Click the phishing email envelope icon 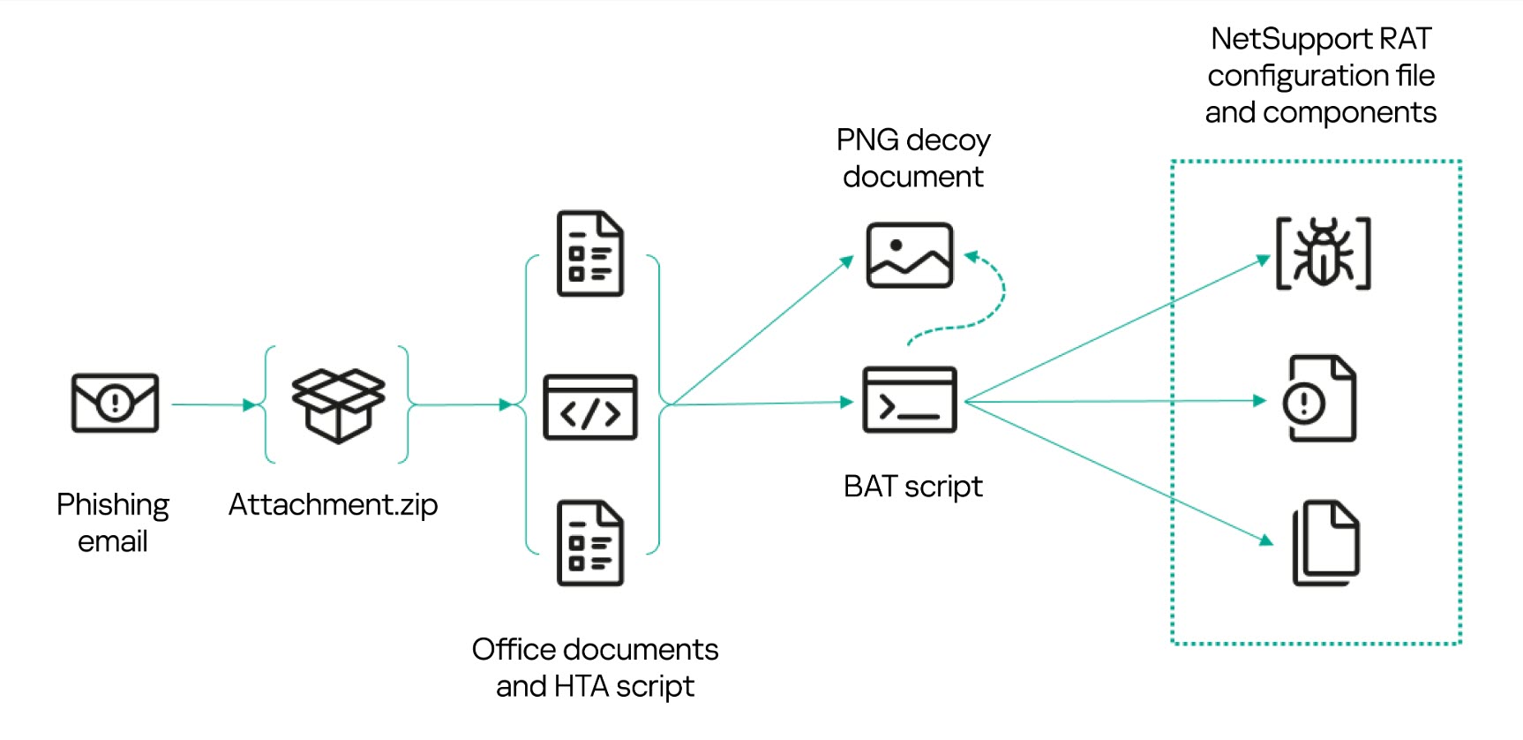(115, 403)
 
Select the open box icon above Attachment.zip (338, 404)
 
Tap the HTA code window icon (590, 407)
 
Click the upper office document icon (590, 253)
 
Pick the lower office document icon (590, 543)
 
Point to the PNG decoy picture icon (910, 255)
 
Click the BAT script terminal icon (910, 400)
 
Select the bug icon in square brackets (1323, 253)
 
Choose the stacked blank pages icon (1325, 543)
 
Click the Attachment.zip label (333, 505)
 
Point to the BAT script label (912, 487)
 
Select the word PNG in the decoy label (867, 140)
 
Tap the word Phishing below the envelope (113, 505)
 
